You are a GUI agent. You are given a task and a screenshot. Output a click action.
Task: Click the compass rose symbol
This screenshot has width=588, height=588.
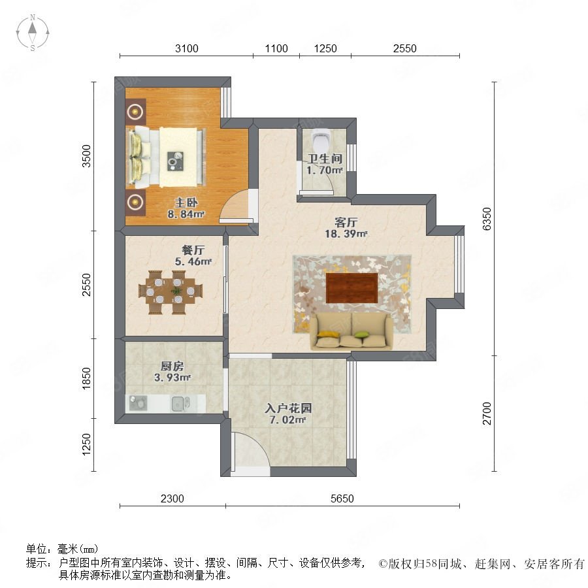pos(33,32)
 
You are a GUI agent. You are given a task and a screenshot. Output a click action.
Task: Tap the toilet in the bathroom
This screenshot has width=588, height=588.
pos(321,140)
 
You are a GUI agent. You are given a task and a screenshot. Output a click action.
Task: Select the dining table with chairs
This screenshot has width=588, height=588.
pos(171,292)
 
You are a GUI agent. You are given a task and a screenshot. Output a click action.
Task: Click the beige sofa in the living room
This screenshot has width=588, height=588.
pos(351,331)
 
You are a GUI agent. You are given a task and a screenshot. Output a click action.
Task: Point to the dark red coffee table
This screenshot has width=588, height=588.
pos(351,287)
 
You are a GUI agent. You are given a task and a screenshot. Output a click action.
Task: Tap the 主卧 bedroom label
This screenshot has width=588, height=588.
pos(186,203)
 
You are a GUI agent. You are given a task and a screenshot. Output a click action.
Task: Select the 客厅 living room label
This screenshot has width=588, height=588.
pos(346,222)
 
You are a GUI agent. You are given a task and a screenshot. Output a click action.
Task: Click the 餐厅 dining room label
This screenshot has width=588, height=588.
pos(193,250)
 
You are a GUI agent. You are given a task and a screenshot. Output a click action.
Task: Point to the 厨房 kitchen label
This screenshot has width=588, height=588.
pos(172,366)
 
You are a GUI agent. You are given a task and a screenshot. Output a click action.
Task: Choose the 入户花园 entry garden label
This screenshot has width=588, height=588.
pos(288,408)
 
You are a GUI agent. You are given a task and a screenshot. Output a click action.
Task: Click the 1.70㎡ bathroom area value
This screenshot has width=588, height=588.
pos(324,171)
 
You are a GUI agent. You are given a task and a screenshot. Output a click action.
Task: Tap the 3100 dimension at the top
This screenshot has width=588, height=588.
pos(186,48)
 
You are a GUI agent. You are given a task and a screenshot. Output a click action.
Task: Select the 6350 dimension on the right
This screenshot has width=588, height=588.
pos(486,219)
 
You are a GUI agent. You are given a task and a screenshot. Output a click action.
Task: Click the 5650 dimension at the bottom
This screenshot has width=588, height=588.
pos(342,498)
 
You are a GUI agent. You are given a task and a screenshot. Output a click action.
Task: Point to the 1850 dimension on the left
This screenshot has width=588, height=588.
pos(86,378)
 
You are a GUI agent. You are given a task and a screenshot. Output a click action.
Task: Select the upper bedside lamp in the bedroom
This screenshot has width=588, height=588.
pos(135,111)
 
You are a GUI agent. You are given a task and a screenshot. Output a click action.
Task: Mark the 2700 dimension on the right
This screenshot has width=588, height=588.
pos(486,414)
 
